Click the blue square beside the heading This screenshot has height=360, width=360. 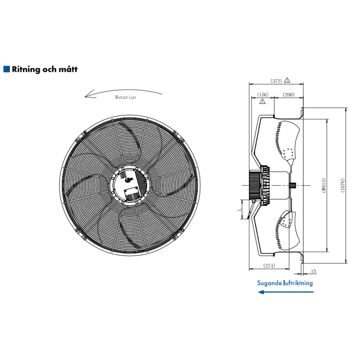tap(7, 69)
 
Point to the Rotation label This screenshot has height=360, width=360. tap(126, 97)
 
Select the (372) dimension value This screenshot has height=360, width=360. tap(276, 81)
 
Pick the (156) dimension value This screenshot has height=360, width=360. tap(263, 94)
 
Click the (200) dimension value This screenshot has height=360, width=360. tap(288, 94)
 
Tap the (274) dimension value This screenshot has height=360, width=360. tap(269, 265)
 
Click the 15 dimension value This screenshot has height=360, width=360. tap(313, 271)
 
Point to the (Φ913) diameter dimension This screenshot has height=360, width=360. tap(324, 185)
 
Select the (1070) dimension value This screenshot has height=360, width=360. tap(342, 185)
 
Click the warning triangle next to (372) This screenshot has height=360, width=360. tap(287, 80)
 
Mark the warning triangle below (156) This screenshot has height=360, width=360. tap(262, 101)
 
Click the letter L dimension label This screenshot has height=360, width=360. tap(239, 209)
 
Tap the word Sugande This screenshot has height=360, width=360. tap(269, 283)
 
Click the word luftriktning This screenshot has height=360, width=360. tap(298, 283)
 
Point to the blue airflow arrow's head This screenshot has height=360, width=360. tap(261, 292)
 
